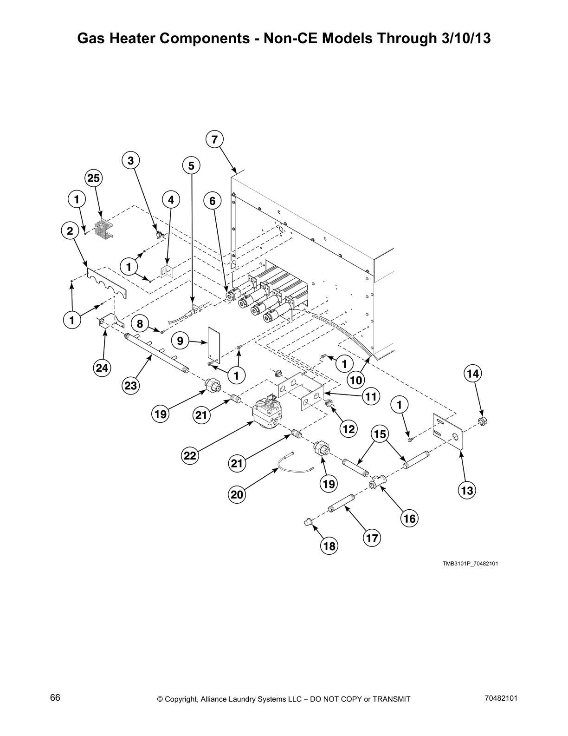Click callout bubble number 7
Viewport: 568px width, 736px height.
(x=214, y=139)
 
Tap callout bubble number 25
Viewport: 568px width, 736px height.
(x=94, y=178)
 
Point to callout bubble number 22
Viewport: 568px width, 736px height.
(x=190, y=455)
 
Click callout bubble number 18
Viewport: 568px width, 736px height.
(x=329, y=546)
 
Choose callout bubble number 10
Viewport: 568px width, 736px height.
(x=356, y=380)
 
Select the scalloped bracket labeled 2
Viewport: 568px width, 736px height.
(x=106, y=282)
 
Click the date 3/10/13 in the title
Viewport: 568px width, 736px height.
(x=464, y=38)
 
